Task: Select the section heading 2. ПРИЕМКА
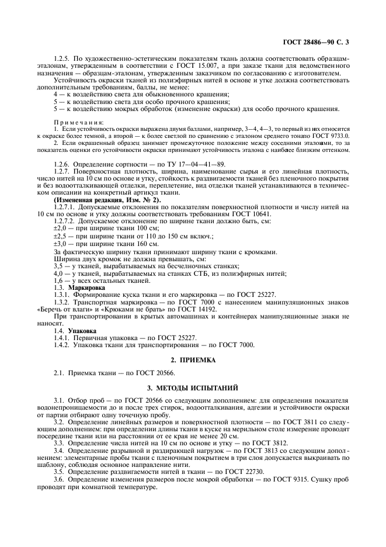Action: click(x=193, y=360)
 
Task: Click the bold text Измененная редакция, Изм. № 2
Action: click(x=99, y=200)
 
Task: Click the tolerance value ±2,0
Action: click(x=60, y=227)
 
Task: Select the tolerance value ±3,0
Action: click(x=60, y=243)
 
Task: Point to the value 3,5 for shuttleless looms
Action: click(x=60, y=265)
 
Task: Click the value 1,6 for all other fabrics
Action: click(x=60, y=281)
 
